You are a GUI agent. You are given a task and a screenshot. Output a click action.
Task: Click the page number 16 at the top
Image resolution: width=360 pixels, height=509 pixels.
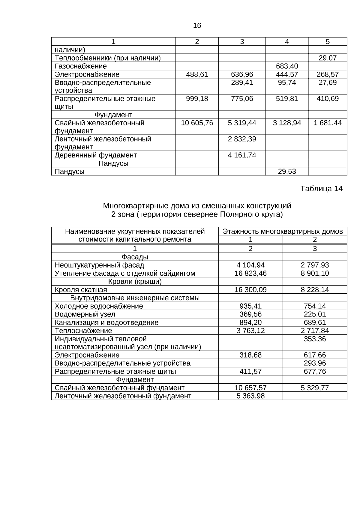point(197,26)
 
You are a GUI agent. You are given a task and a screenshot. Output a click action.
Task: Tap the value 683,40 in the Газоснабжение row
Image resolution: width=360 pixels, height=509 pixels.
point(287,66)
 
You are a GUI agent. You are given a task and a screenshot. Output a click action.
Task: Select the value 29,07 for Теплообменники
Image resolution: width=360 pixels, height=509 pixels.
point(328,58)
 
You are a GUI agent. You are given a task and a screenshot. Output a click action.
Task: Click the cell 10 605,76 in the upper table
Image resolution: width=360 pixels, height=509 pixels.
point(197,123)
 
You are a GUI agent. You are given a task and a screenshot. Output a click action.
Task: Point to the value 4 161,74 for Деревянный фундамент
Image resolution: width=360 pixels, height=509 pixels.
point(242,155)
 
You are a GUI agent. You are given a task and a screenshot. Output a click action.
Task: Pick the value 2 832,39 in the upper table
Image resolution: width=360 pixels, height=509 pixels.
point(242,139)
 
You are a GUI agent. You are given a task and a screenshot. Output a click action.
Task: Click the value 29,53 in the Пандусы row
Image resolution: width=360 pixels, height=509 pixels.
point(287,171)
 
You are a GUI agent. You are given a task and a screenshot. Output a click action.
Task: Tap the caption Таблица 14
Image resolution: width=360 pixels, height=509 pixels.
point(321,189)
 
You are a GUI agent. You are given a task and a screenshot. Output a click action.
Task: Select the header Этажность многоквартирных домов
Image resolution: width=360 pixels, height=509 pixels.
point(283,232)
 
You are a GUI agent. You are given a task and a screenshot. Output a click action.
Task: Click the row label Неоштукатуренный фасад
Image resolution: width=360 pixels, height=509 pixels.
point(99,265)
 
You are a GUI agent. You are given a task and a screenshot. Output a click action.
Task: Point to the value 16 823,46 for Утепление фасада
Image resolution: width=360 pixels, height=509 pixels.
point(250,273)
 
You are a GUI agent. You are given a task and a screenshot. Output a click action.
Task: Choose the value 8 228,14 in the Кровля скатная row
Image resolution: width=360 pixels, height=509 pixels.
point(315,290)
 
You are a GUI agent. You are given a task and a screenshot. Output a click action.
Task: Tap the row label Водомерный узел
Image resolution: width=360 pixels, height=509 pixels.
point(85,314)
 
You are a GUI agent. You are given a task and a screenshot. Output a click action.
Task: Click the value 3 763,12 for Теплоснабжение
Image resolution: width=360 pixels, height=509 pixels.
point(250,331)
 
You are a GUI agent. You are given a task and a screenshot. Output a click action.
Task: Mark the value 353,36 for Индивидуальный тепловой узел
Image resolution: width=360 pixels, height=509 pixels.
point(315,339)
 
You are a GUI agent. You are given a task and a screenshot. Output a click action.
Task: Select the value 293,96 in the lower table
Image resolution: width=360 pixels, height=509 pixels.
point(315,363)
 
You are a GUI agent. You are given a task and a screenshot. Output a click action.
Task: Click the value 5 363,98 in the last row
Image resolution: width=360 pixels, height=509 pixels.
point(250,396)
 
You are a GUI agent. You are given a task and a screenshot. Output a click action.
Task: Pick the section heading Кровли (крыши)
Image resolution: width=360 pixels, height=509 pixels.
point(135,282)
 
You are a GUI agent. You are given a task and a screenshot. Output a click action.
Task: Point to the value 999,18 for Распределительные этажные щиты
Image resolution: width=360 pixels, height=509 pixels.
point(197,99)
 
